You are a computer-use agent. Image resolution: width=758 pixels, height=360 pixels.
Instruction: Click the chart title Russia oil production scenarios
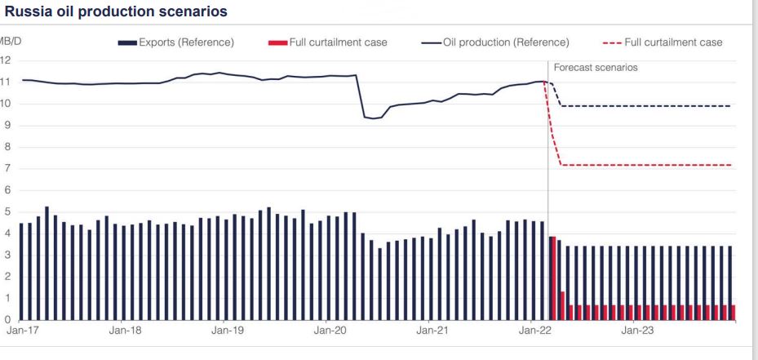click(x=116, y=12)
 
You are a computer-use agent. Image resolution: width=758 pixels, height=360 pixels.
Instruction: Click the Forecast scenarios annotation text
click(x=596, y=68)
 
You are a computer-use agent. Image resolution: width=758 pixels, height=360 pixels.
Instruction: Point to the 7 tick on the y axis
click(x=7, y=169)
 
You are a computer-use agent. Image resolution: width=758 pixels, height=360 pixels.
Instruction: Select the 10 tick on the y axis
click(x=6, y=104)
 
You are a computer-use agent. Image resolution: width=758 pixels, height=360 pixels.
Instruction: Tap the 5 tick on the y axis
click(x=7, y=212)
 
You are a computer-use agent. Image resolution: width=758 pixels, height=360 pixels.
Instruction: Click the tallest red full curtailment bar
click(x=552, y=278)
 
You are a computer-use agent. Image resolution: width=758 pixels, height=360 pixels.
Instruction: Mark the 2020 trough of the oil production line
click(x=373, y=118)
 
